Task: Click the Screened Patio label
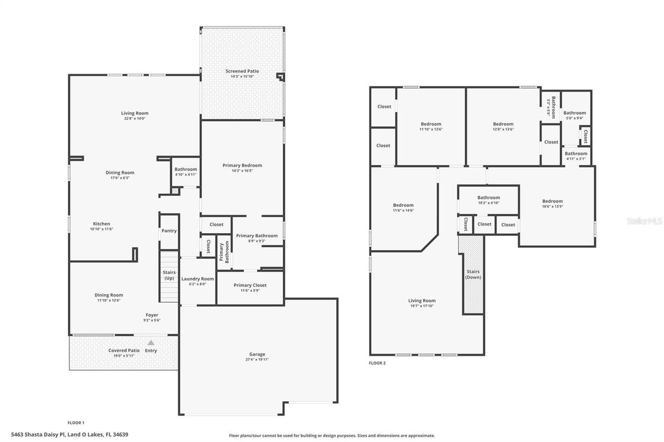(x=242, y=71)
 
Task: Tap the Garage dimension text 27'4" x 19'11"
(x=257, y=360)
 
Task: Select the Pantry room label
(x=169, y=231)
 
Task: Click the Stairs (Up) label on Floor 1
(x=169, y=275)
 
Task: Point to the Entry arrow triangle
(x=151, y=343)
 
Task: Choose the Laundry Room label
(x=197, y=279)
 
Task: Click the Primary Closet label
(x=250, y=285)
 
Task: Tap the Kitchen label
(x=102, y=224)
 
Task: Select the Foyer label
(x=151, y=315)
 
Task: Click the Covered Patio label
(x=124, y=350)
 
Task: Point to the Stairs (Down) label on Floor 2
(x=473, y=274)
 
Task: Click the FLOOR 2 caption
(x=377, y=363)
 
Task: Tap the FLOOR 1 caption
(x=76, y=423)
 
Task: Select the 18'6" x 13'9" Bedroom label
(x=552, y=201)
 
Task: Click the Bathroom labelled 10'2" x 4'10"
(x=489, y=197)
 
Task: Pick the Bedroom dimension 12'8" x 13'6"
(x=503, y=130)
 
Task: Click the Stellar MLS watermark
(x=644, y=221)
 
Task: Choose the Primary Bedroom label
(x=242, y=165)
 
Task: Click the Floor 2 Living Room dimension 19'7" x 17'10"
(x=422, y=306)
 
